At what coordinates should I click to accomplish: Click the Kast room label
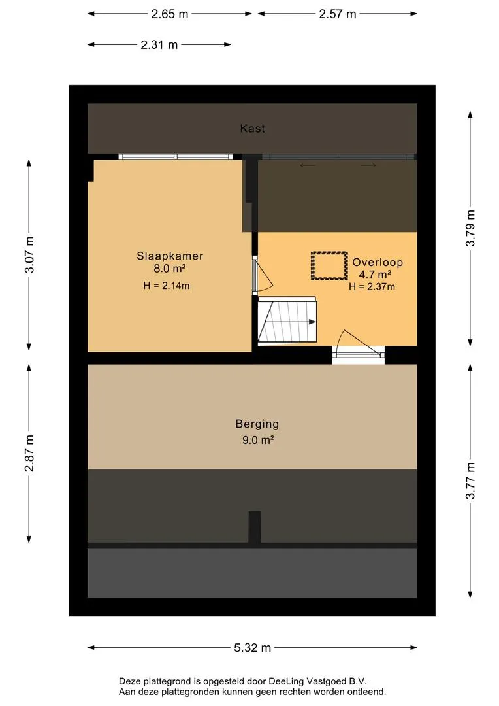tap(252, 129)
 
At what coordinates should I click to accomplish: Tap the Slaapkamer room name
tap(170, 256)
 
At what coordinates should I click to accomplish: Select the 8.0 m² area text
tap(170, 268)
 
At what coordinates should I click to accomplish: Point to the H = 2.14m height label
tap(167, 286)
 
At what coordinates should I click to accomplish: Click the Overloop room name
tap(378, 262)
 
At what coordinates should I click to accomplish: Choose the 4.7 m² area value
tap(375, 275)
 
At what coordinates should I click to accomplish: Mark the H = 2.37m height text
tap(372, 286)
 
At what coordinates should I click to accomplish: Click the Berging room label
tap(257, 424)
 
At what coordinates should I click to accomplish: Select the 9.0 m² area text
tap(257, 440)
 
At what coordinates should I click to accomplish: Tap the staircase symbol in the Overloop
tap(287, 321)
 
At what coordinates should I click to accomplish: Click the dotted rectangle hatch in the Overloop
tap(329, 266)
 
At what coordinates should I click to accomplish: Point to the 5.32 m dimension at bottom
tap(252, 648)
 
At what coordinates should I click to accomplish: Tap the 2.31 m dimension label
tap(159, 45)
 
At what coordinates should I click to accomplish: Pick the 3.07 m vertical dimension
tap(28, 256)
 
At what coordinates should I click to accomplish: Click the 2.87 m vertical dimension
tap(28, 453)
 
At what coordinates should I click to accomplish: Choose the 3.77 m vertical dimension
tap(470, 481)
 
